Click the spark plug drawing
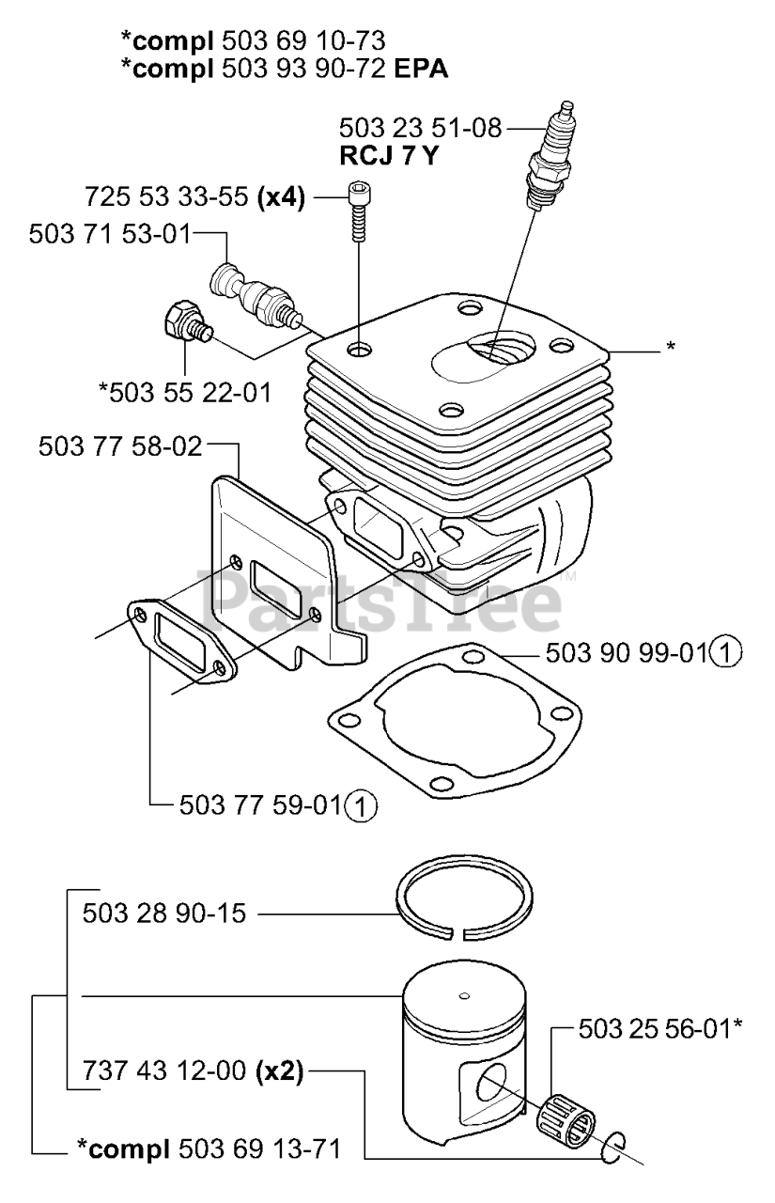point(552,160)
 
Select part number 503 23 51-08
point(419,128)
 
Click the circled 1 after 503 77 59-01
point(361,805)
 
